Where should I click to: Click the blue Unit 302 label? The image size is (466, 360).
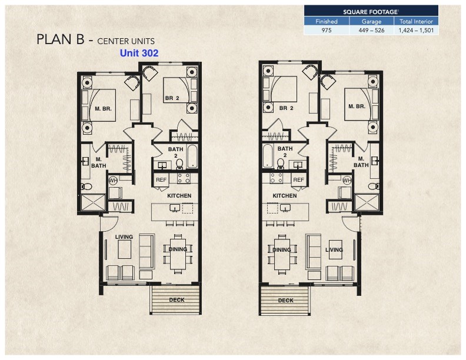[x=139, y=53]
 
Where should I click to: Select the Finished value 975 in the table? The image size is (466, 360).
[x=327, y=31]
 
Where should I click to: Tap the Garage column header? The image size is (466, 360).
[x=371, y=21]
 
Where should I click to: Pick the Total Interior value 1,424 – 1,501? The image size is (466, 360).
[x=416, y=31]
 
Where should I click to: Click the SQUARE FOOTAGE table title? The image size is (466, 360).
[x=371, y=12]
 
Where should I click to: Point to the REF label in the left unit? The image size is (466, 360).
[x=161, y=179]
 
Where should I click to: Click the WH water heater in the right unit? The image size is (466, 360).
[x=347, y=180]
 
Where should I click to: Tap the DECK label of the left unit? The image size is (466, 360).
[x=177, y=300]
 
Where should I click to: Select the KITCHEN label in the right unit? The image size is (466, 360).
[x=285, y=195]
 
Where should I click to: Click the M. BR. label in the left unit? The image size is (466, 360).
[x=103, y=109]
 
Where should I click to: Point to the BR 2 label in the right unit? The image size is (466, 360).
[x=286, y=108]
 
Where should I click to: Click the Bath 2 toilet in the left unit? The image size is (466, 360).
[x=179, y=164]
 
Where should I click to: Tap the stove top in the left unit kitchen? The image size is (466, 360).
[x=184, y=178]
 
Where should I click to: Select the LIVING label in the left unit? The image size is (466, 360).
[x=124, y=236]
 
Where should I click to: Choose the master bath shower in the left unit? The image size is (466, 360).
[x=94, y=202]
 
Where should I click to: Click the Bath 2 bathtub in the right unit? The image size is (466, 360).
[x=268, y=156]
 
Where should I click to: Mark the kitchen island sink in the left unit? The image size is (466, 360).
[x=174, y=208]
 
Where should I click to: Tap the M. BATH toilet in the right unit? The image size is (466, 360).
[x=374, y=186]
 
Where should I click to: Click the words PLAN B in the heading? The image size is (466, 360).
[x=61, y=39]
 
